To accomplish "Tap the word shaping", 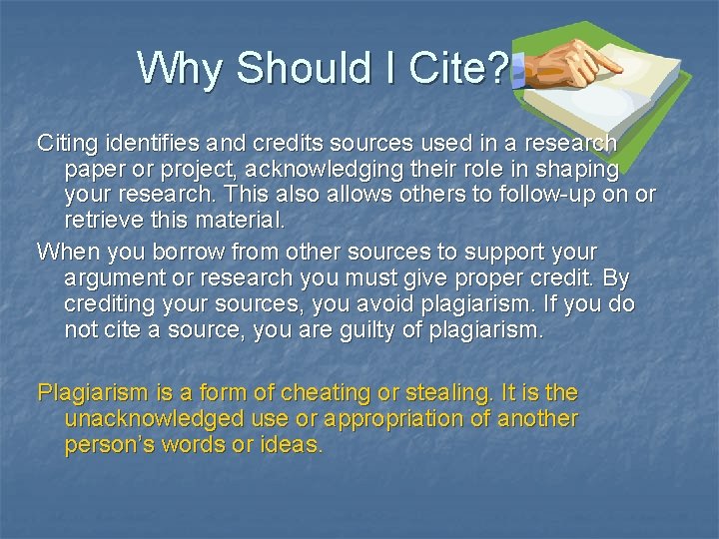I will click(579, 170).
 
